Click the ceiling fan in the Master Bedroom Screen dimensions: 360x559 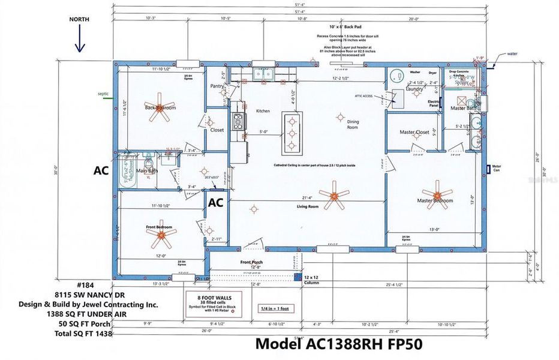click(443, 195)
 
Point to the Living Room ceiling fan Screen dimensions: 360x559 click(333, 197)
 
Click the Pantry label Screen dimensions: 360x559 click(217, 86)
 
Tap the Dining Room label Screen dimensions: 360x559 click(353, 124)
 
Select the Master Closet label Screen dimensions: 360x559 click(414, 132)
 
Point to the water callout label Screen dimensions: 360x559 click(512, 53)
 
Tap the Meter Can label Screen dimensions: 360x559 click(496, 168)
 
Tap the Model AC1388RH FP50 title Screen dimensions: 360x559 click(339, 344)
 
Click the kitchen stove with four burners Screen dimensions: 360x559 click(238, 122)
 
